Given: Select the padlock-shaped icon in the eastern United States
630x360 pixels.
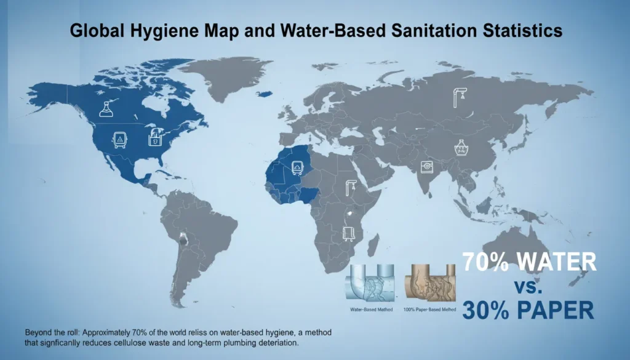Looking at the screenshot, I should [154, 137].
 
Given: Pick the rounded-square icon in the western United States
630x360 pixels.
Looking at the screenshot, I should [116, 139].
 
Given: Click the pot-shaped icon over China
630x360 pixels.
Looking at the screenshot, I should [461, 148].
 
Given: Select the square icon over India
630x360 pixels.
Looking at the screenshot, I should [425, 166].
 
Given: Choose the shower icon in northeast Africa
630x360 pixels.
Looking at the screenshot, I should [351, 187].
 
